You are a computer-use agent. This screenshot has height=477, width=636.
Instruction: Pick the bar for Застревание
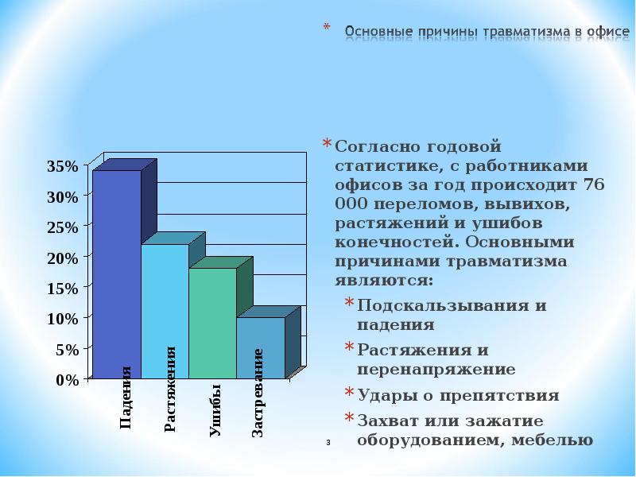pyautogui.click(x=260, y=346)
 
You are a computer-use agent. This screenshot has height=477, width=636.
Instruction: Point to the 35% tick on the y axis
pyautogui.click(x=63, y=166)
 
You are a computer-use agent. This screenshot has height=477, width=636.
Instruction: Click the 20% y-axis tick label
pyautogui.click(x=63, y=258)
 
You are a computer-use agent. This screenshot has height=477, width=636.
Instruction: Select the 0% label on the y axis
pyautogui.click(x=67, y=380)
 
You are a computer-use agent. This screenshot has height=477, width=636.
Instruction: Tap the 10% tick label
pyautogui.click(x=63, y=319)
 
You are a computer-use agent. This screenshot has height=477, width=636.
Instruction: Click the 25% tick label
pyautogui.click(x=63, y=227)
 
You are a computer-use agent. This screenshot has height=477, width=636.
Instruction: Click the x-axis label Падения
pyautogui.click(x=126, y=397)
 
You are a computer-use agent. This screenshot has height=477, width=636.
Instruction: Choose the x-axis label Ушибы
pyautogui.click(x=215, y=409)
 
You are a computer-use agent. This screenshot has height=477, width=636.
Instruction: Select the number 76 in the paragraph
pyautogui.click(x=594, y=184)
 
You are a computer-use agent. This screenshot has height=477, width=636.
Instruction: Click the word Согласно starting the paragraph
pyautogui.click(x=374, y=146)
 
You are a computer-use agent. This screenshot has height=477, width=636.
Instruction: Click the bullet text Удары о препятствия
pyautogui.click(x=458, y=395)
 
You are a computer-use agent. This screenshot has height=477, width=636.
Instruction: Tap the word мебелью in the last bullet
pyautogui.click(x=556, y=440)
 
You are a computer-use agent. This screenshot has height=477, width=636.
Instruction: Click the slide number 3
pyautogui.click(x=328, y=442)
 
